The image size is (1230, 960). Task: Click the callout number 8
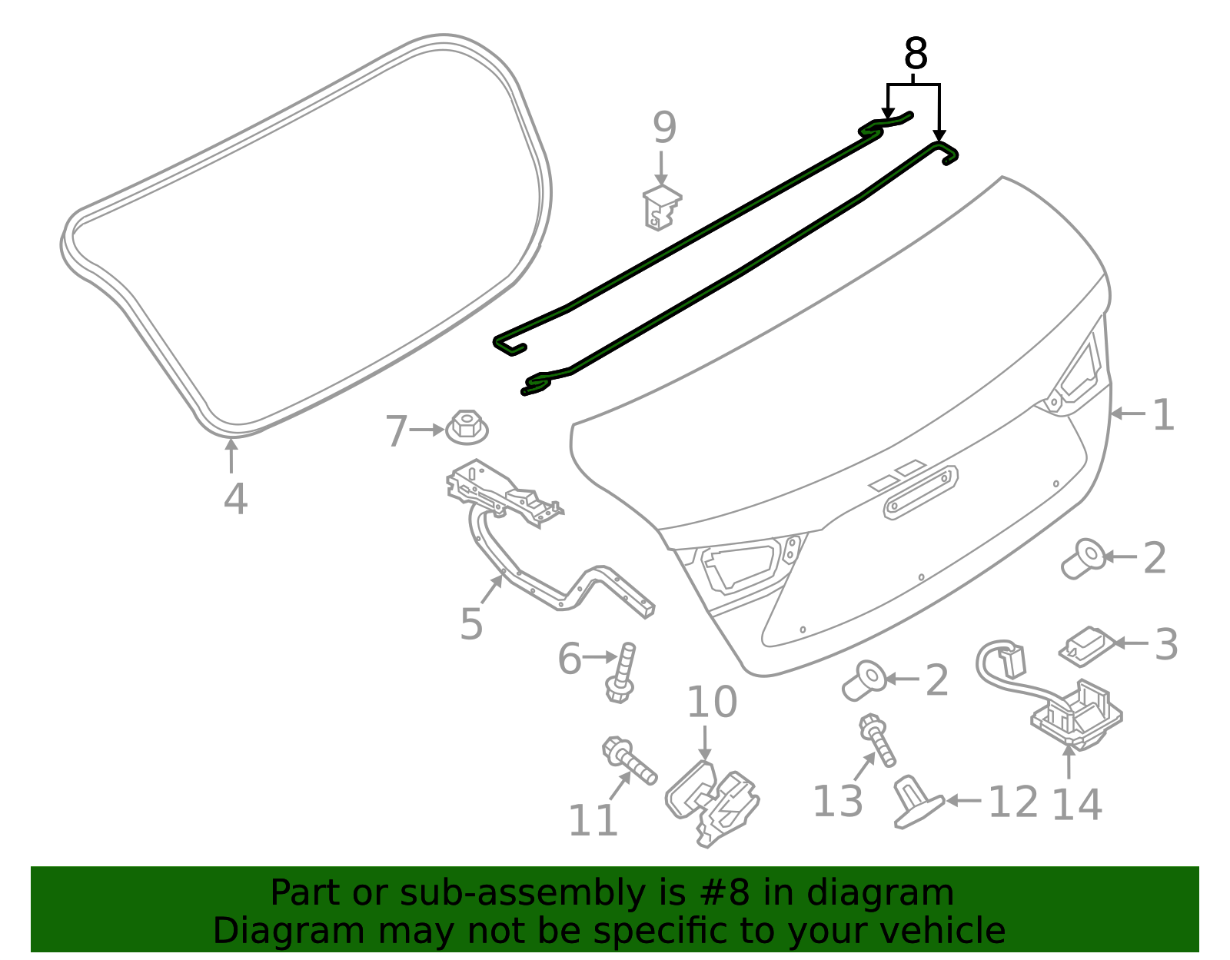coord(915,55)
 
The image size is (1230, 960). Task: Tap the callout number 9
coord(664,128)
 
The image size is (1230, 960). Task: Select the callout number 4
coord(235,499)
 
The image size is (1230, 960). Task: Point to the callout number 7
coord(396,431)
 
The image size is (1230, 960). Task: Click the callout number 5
coord(471,623)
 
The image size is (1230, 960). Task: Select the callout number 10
coord(711,703)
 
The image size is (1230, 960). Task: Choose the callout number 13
coord(837,801)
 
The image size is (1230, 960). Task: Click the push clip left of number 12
coord(917,803)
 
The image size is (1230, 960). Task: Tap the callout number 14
coord(1076,804)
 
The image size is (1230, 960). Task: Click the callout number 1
coord(1163,415)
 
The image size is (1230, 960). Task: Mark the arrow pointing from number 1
coord(1128,414)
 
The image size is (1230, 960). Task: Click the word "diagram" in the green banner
coord(879,893)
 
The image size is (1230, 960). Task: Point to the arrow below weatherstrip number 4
coord(231,456)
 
